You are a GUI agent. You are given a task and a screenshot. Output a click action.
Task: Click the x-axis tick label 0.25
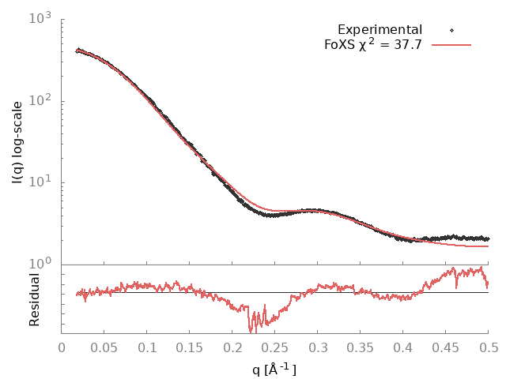tap(275, 347)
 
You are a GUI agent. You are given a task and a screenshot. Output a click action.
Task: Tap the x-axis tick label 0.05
tap(104, 347)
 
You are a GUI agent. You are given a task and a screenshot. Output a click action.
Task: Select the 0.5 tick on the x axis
tap(489, 347)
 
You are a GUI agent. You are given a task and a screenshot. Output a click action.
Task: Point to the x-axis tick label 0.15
tap(190, 347)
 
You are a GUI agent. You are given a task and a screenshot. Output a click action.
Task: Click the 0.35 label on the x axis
tap(361, 347)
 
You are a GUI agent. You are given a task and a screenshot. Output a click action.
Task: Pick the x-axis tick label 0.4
tap(403, 347)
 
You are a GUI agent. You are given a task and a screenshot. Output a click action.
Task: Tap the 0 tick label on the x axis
tap(62, 347)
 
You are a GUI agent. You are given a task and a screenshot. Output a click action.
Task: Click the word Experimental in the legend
tap(379, 30)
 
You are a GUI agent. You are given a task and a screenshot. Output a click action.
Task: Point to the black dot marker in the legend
tap(451, 30)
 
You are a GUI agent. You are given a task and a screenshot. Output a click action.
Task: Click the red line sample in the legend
tap(451, 45)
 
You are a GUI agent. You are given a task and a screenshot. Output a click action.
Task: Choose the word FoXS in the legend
tap(340, 45)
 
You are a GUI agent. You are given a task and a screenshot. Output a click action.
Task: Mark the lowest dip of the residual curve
tap(250, 331)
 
